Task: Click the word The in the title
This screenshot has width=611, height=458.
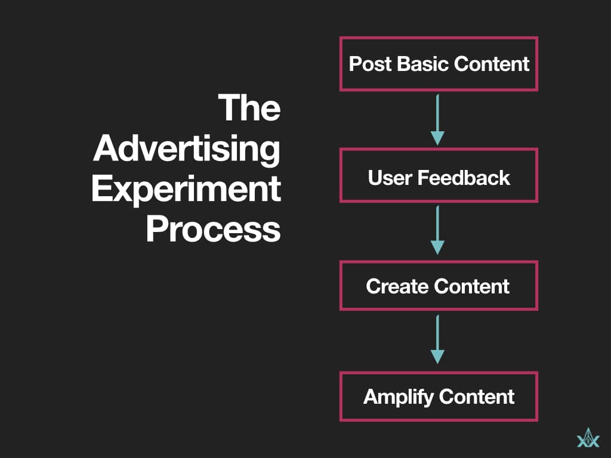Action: [x=249, y=107]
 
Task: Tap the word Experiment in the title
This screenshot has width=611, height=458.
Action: [x=186, y=188]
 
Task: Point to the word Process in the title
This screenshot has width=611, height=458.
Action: [x=213, y=228]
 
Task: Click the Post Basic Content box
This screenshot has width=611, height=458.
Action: [x=439, y=64]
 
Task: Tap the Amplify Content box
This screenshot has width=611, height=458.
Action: [x=439, y=396]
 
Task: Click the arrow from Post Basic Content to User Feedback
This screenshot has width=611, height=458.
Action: [x=438, y=119]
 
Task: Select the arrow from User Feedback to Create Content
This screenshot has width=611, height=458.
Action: [x=438, y=230]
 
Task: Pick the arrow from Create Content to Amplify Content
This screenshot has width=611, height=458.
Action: [x=438, y=340]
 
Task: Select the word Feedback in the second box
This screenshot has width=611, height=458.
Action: [x=463, y=178]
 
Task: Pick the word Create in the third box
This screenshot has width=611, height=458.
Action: [x=391, y=286]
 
